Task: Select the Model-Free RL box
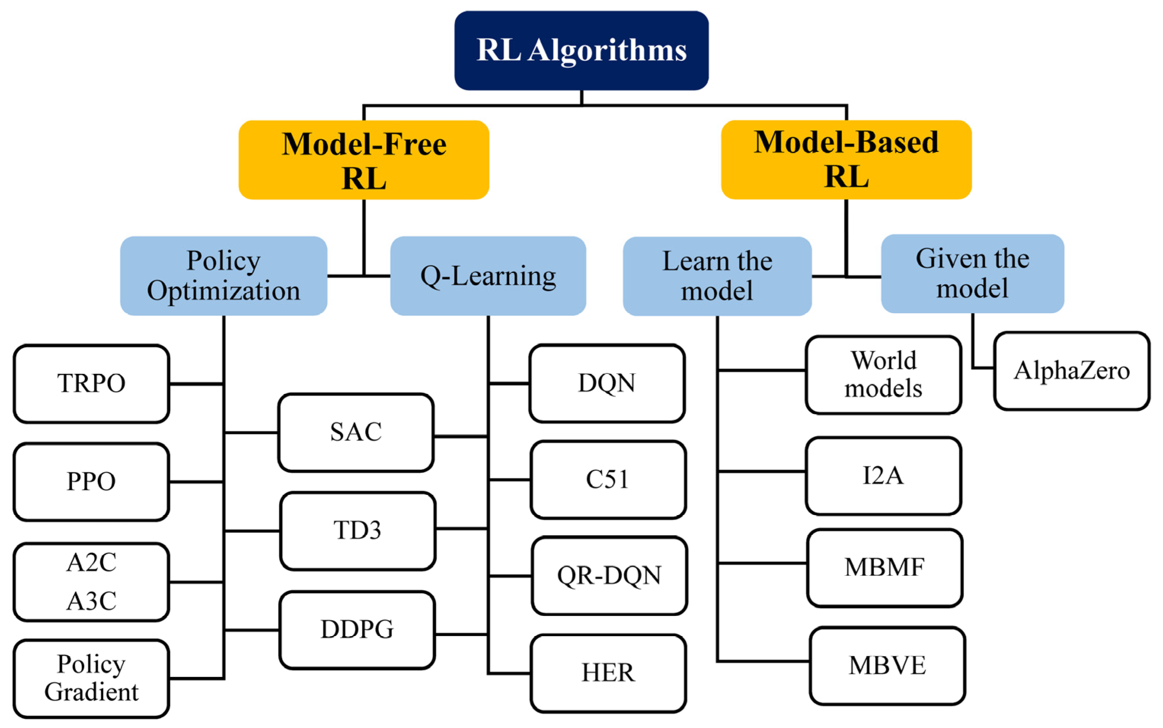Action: point(364,160)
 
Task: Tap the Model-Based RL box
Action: point(846,160)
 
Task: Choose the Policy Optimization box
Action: point(223,276)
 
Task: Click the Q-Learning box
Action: point(488,276)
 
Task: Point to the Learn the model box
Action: point(717,276)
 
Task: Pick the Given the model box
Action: point(972,273)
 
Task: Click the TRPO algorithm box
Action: point(91,384)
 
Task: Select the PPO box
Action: point(91,482)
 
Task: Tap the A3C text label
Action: point(91,601)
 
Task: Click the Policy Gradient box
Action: point(91,679)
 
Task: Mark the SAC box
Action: point(356,432)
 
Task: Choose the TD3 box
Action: point(357,531)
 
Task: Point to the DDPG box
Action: point(357,629)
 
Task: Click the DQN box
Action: point(606,383)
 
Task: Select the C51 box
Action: point(608,479)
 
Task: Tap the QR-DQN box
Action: point(609,575)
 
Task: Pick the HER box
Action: point(608,673)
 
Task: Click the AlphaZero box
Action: point(1072,371)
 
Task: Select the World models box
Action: point(883,375)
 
